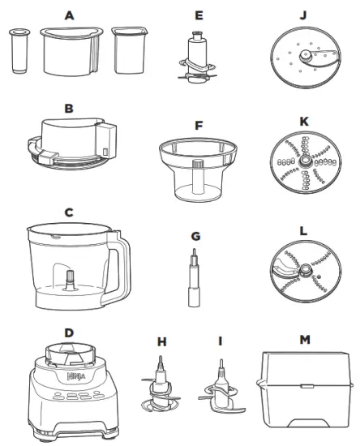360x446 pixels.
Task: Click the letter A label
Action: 70,15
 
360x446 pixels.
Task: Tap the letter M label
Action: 305,339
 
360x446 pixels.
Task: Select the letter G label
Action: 195,236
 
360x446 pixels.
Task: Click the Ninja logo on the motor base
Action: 76,376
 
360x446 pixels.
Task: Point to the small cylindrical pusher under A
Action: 19,50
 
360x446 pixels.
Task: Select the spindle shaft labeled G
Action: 194,278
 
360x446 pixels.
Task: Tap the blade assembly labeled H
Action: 161,385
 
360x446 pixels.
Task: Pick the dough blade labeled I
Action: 222,388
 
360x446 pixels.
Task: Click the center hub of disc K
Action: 305,161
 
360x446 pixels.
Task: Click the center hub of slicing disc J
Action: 306,55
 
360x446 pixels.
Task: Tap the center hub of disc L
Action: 305,268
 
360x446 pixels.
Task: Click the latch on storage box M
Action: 307,386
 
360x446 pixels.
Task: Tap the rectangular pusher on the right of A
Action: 130,50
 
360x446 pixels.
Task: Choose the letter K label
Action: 304,122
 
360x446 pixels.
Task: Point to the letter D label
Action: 69,332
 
